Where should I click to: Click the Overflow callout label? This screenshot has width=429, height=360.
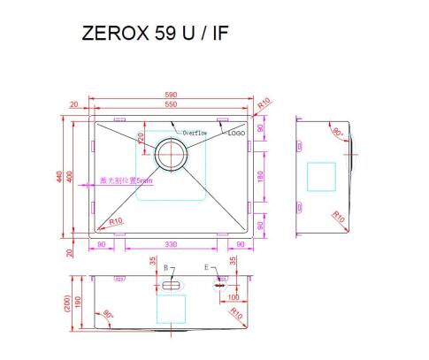coord(195,133)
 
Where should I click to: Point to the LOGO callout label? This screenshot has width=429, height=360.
coord(236,133)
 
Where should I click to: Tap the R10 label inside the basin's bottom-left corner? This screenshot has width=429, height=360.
coord(115,221)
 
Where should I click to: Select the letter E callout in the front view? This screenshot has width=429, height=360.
coord(207,266)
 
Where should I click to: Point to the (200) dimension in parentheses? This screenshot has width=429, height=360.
coord(69,303)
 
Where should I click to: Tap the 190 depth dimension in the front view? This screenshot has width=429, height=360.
coord(79,303)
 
